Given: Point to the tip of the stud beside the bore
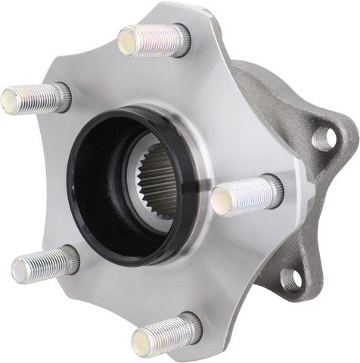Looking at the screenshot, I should [x=222, y=199].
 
